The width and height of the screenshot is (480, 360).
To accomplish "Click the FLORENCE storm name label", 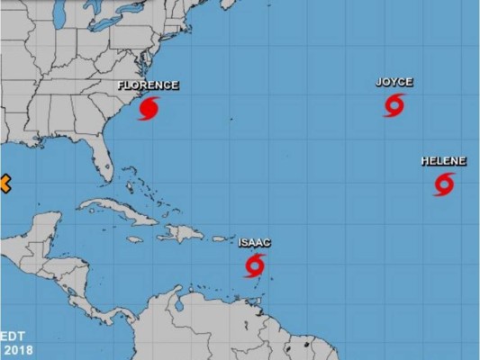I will [x=148, y=85].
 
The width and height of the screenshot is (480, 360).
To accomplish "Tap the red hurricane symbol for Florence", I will [x=149, y=109].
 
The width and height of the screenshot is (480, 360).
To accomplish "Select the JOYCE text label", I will [x=394, y=82].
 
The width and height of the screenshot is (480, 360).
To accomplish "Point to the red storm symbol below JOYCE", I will [x=394, y=105].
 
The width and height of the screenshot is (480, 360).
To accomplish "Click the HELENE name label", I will [x=443, y=161].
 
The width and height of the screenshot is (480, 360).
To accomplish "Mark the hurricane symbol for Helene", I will [x=443, y=184].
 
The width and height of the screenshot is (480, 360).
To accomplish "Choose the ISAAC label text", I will [x=255, y=242].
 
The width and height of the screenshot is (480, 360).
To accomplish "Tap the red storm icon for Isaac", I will [x=255, y=265].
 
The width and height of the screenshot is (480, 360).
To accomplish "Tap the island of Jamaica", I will [x=134, y=239].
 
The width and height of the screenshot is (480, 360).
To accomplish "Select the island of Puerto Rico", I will [x=218, y=238].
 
